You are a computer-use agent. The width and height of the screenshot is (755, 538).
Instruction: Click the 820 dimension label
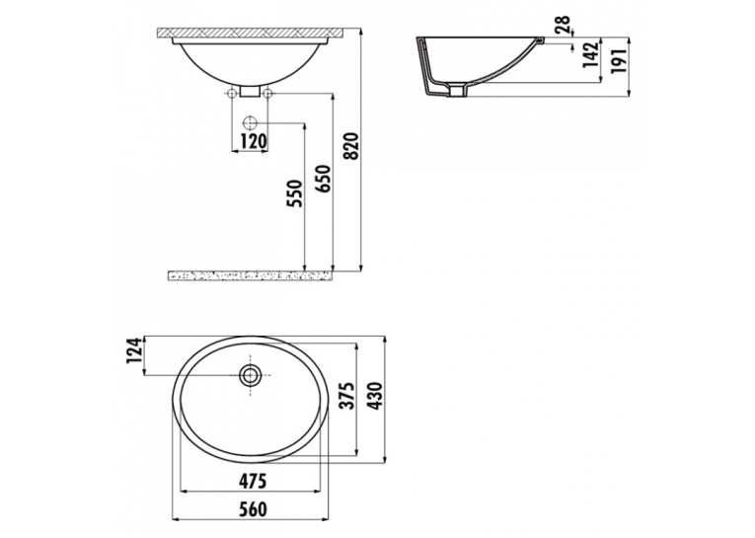coord(352,146)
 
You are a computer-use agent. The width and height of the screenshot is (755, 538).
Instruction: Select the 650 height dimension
coord(324,180)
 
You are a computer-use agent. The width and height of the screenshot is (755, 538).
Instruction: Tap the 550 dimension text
coord(295,193)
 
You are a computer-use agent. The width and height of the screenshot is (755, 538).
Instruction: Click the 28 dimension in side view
coord(563,24)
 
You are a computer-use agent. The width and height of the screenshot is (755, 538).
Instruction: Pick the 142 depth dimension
coord(591,55)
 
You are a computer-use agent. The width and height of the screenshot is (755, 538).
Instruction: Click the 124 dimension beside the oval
coord(135,350)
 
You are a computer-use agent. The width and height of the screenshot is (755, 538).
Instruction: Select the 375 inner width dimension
coord(346,396)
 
